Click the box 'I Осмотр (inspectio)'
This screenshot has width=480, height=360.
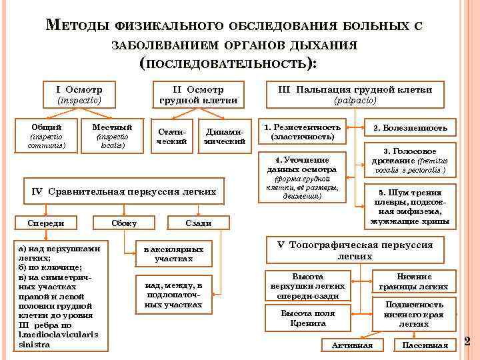click(83, 95)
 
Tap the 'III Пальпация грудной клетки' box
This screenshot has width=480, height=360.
click(355, 95)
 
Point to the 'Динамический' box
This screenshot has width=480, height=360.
click(224, 135)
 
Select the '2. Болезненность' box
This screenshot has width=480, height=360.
click(410, 128)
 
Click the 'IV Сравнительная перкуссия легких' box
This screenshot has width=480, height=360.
click(125, 191)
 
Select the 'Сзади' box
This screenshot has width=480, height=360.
click(198, 223)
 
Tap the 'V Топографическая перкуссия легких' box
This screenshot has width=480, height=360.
click(355, 249)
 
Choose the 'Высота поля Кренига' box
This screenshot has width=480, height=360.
click(307, 318)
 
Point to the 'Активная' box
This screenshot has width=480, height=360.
click(352, 345)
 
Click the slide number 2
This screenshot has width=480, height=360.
click(467, 341)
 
